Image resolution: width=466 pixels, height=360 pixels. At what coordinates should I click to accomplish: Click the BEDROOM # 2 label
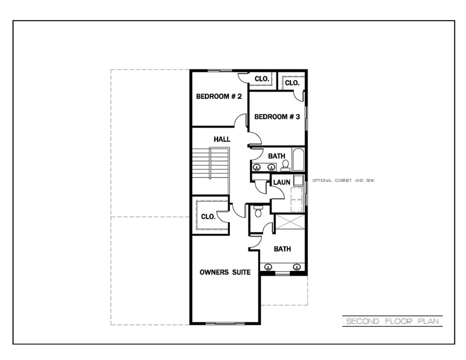pyautogui.click(x=219, y=96)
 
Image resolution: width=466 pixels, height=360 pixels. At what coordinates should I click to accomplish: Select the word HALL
pyautogui.click(x=222, y=139)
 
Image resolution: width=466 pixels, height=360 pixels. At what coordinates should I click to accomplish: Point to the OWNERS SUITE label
pyautogui.click(x=225, y=272)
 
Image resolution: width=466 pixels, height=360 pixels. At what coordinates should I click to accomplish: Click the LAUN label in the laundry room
pyautogui.click(x=282, y=182)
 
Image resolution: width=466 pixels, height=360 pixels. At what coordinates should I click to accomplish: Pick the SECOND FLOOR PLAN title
pyautogui.click(x=392, y=322)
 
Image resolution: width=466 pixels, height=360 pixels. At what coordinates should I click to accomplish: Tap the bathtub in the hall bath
pyautogui.click(x=299, y=160)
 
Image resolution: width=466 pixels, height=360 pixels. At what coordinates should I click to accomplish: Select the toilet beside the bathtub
pyautogui.click(x=285, y=165)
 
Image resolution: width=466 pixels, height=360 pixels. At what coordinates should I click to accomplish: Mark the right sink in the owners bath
pyautogui.click(x=297, y=267)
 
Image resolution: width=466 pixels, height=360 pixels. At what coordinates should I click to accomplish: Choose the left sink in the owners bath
pyautogui.click(x=268, y=267)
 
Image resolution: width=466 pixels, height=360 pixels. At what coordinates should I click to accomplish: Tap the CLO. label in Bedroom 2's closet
pyautogui.click(x=262, y=79)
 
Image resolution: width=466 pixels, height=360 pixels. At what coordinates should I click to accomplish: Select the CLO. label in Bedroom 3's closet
pyautogui.click(x=292, y=83)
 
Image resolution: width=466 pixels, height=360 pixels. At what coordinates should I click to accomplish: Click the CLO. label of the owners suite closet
pyautogui.click(x=208, y=217)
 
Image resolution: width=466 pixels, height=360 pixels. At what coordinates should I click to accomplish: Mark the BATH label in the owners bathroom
pyautogui.click(x=282, y=249)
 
